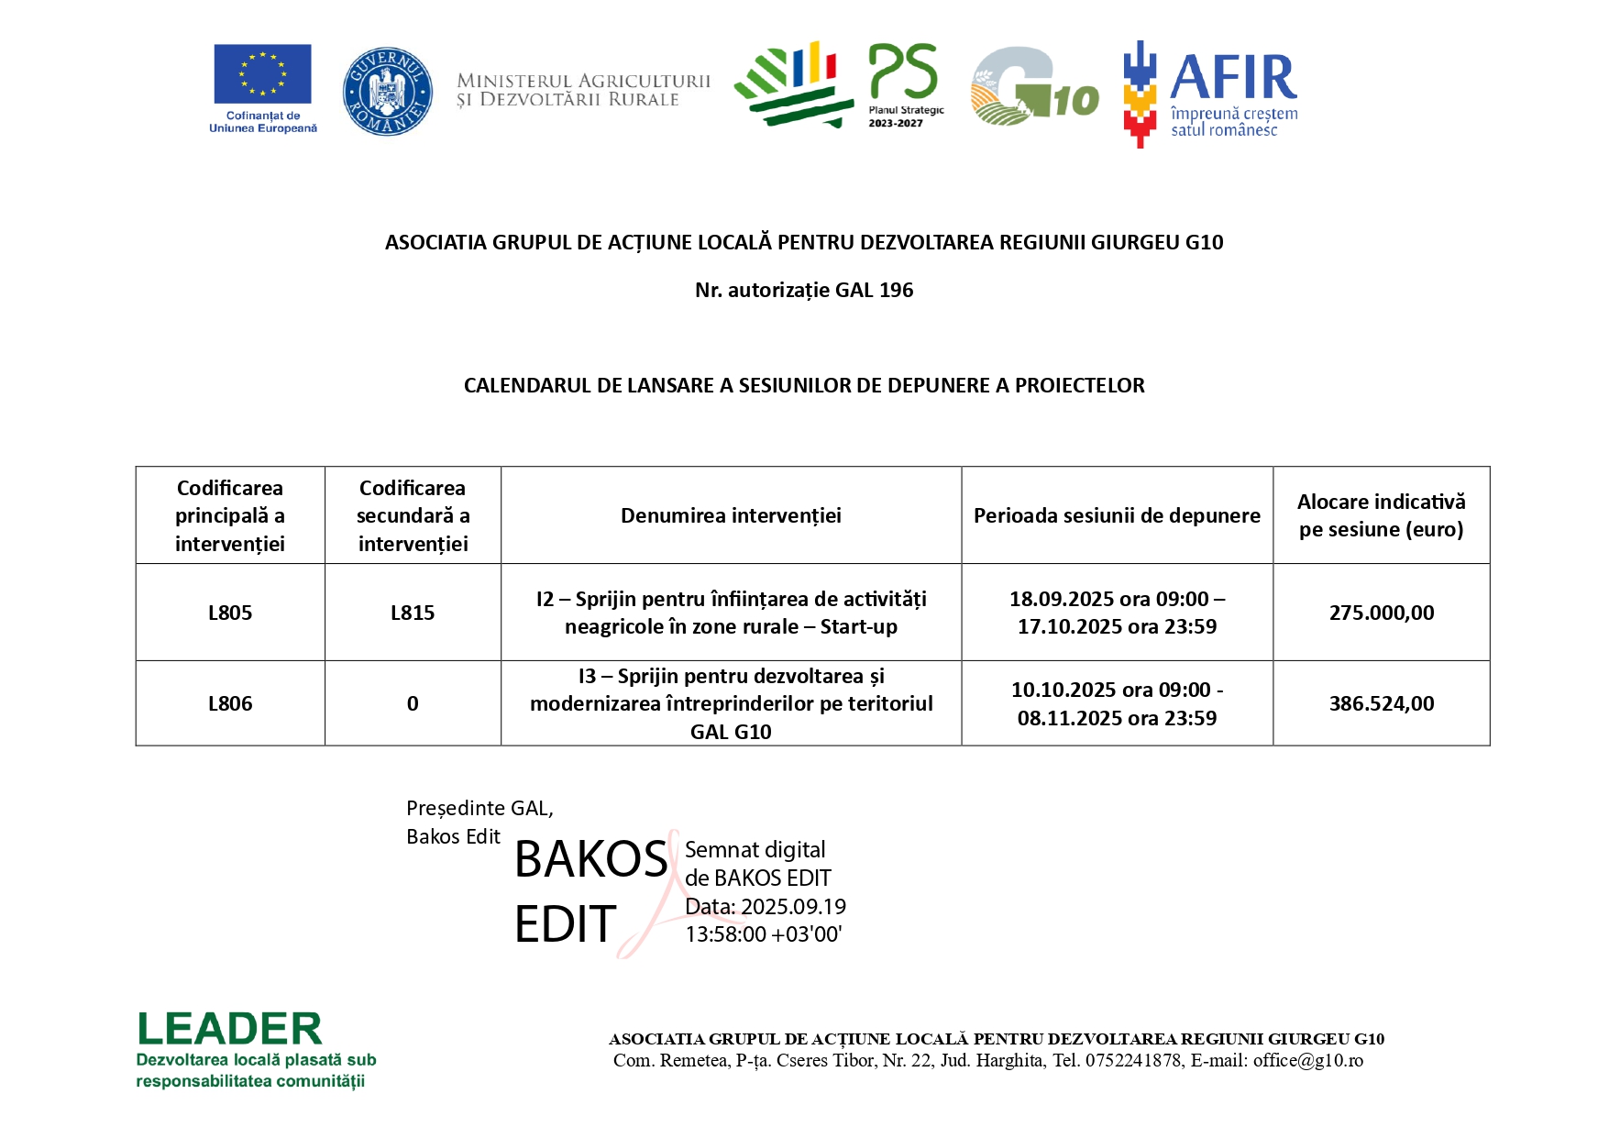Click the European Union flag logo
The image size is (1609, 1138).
(262, 74)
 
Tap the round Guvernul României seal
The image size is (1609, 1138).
(387, 92)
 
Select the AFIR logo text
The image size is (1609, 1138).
(1233, 78)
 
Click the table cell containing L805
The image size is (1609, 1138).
(230, 613)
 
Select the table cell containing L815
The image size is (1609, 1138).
(413, 613)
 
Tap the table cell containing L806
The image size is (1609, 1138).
(230, 703)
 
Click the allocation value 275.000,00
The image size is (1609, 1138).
(1381, 613)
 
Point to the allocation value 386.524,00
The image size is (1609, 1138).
(1381, 703)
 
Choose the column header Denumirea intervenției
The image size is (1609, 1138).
(731, 515)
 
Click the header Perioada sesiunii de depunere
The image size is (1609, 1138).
(1117, 515)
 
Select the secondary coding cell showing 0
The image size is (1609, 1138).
(413, 703)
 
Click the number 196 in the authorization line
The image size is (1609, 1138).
(896, 290)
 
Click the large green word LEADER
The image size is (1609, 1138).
(230, 1029)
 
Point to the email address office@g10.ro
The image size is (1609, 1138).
(1307, 1060)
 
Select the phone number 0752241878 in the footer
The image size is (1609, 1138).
(1133, 1060)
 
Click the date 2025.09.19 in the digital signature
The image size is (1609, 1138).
(793, 907)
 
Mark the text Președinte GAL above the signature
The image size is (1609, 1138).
(479, 808)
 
